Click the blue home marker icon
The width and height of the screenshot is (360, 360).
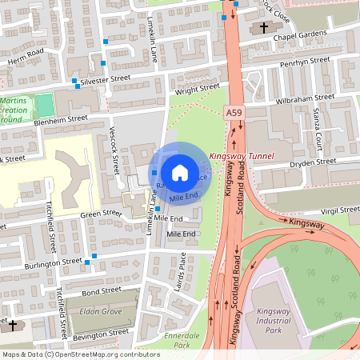180,173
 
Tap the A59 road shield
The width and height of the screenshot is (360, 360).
233,114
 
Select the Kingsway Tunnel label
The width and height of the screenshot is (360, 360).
241,156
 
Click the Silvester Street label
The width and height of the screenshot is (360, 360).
104,80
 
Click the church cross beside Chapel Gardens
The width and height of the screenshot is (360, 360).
264,27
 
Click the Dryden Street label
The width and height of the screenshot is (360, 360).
313,162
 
